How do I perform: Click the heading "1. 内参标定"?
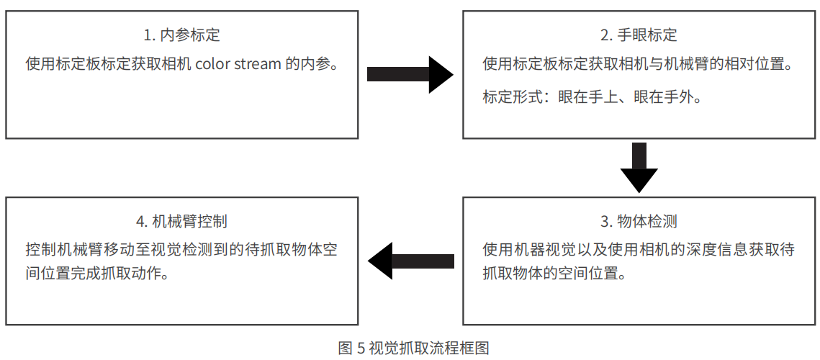click(181, 36)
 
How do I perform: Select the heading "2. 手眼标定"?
click(639, 36)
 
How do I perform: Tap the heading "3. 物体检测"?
click(639, 221)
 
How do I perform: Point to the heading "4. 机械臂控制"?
click(181, 221)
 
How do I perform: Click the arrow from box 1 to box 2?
click(410, 74)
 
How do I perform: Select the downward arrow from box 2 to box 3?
click(639, 168)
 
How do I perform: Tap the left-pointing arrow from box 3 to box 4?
click(411, 261)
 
